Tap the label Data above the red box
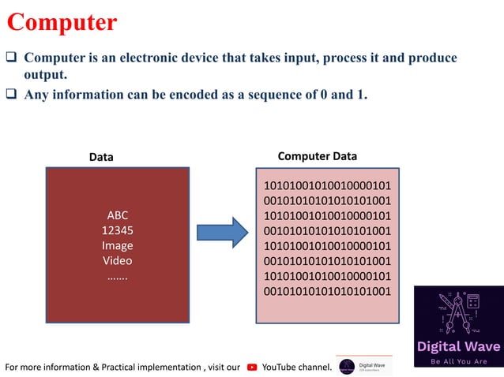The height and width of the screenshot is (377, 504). [x=100, y=157]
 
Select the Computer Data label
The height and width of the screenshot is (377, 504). [x=318, y=156]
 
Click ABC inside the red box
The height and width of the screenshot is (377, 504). [x=117, y=215]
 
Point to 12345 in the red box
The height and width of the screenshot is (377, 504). [x=117, y=230]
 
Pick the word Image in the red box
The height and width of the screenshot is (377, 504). [x=117, y=245]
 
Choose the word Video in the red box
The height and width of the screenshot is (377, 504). [x=117, y=260]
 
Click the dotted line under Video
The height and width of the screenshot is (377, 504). [x=117, y=275]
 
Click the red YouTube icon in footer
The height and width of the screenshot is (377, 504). [x=252, y=367]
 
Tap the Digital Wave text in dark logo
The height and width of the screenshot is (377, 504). [x=457, y=346]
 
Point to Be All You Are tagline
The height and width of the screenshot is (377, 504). [x=457, y=362]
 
